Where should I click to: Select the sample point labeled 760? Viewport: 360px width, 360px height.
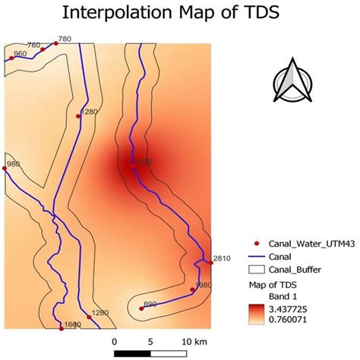pyautogui.click(x=43, y=49)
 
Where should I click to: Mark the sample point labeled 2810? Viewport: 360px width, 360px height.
pyautogui.click(x=211, y=262)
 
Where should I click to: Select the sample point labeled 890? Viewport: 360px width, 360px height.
pyautogui.click(x=141, y=308)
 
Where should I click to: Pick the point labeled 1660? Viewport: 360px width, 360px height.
pyautogui.click(x=61, y=327)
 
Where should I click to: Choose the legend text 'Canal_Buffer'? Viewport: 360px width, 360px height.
pyautogui.click(x=293, y=270)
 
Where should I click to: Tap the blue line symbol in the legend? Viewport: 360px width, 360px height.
pyautogui.click(x=257, y=257)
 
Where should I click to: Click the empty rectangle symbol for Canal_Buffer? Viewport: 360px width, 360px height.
pyautogui.click(x=257, y=270)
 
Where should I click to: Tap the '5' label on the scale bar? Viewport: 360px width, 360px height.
pyautogui.click(x=150, y=339)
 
